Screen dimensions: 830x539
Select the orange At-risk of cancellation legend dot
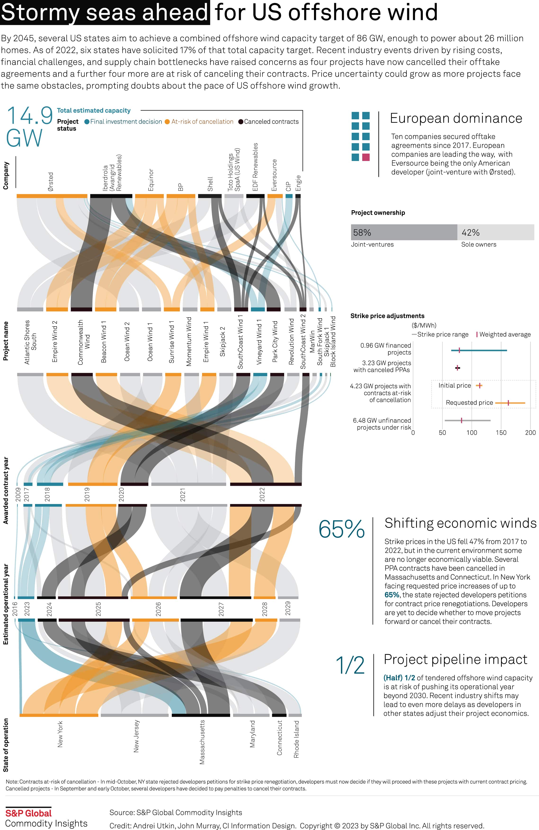[167, 122]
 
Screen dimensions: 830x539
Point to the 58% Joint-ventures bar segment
[404, 232]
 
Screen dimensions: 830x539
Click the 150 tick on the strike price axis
[501, 433]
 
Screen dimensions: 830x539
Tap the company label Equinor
[151, 180]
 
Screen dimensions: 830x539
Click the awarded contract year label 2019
[87, 495]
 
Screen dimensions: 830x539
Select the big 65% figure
[341, 529]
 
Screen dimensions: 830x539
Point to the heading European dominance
[456, 119]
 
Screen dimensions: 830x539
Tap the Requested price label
[469, 403]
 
